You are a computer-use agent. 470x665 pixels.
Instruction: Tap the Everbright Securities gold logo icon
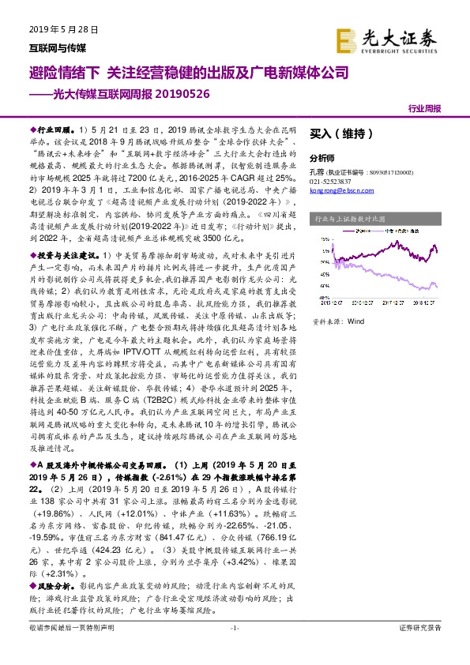point(344,39)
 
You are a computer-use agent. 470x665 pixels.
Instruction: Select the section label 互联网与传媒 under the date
point(41,47)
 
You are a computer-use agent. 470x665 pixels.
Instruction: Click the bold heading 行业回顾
point(54,128)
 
